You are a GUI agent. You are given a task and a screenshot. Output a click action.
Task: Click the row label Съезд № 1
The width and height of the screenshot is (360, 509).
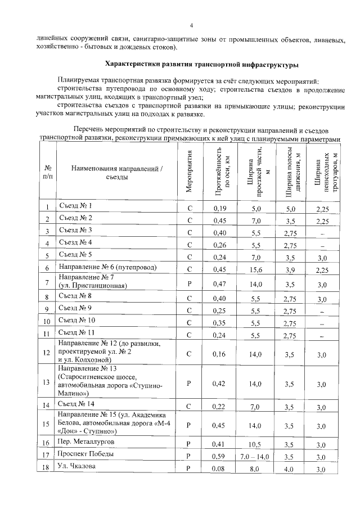(x=75, y=206)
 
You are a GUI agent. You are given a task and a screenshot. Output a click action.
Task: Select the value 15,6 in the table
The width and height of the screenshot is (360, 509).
(x=255, y=269)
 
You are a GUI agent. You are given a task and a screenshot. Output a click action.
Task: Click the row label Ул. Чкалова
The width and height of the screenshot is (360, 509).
(x=77, y=467)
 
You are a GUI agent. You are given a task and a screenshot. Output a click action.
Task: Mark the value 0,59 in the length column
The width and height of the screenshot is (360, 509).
(x=220, y=456)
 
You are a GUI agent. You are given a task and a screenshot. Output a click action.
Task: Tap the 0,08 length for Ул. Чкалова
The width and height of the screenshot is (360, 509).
(x=220, y=469)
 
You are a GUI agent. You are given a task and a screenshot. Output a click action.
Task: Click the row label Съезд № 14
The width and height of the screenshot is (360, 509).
(x=77, y=404)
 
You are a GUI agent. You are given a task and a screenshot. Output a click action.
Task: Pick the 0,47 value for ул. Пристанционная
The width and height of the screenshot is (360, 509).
(x=220, y=283)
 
